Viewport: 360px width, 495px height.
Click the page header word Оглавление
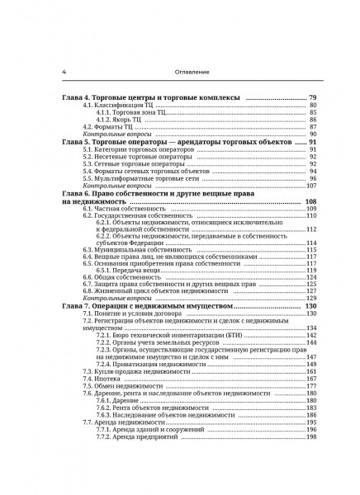[x=179, y=71]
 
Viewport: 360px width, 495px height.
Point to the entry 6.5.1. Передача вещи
[x=124, y=271]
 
